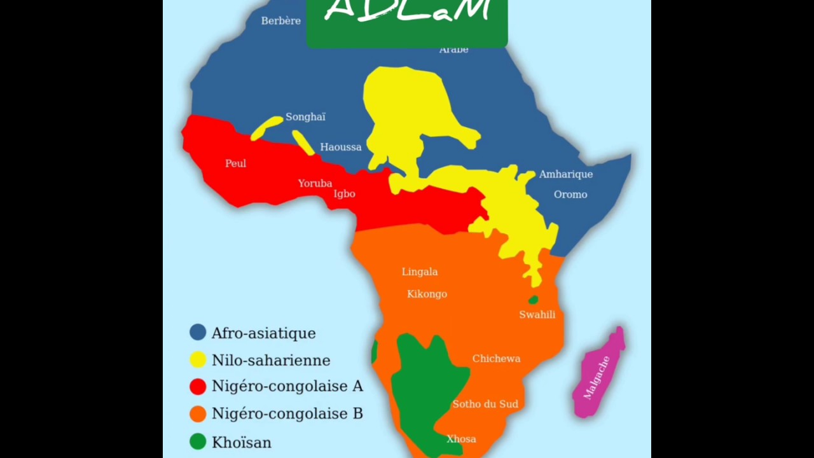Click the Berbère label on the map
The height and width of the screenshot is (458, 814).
(x=280, y=21)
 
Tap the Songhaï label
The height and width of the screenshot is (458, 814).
(x=305, y=117)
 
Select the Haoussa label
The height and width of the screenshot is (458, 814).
(x=340, y=147)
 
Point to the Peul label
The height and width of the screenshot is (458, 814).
(x=235, y=163)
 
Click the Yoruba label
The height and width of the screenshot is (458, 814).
(x=315, y=183)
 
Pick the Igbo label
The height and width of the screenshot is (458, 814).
(x=344, y=194)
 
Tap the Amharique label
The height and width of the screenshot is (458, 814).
(x=565, y=174)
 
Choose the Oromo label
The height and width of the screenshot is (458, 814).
(x=570, y=195)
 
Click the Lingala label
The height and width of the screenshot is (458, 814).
(x=419, y=272)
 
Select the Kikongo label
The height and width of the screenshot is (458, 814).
(x=427, y=294)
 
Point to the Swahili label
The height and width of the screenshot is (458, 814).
(x=537, y=315)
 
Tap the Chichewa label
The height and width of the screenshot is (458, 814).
(x=496, y=359)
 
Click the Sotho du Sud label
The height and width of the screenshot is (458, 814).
(x=485, y=404)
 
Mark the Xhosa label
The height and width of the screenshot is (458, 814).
(x=461, y=439)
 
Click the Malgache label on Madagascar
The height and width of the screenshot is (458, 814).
(x=597, y=378)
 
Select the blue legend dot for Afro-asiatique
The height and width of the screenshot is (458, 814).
(x=198, y=332)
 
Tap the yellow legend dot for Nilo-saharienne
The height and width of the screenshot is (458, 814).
(x=198, y=359)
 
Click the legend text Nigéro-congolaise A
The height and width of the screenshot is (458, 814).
(x=287, y=386)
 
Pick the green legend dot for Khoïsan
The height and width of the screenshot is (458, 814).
(x=198, y=441)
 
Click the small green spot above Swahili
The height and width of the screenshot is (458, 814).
(x=533, y=300)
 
